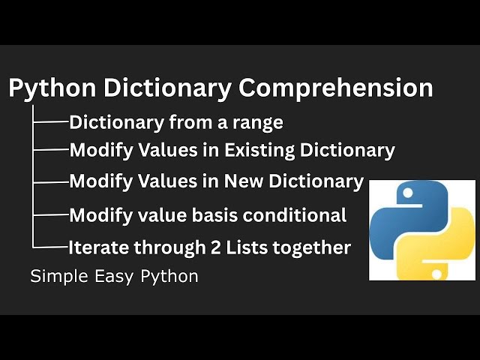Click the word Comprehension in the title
pyautogui.click(x=335, y=88)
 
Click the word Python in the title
pyautogui.click(x=52, y=88)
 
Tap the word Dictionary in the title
pyautogui.click(x=167, y=88)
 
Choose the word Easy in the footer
pyautogui.click(x=113, y=277)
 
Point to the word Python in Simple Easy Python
pyautogui.click(x=169, y=277)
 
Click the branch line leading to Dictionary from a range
pyautogui.click(x=51, y=121)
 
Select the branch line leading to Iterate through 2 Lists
pyautogui.click(x=51, y=246)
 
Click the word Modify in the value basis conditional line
pyautogui.click(x=97, y=216)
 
